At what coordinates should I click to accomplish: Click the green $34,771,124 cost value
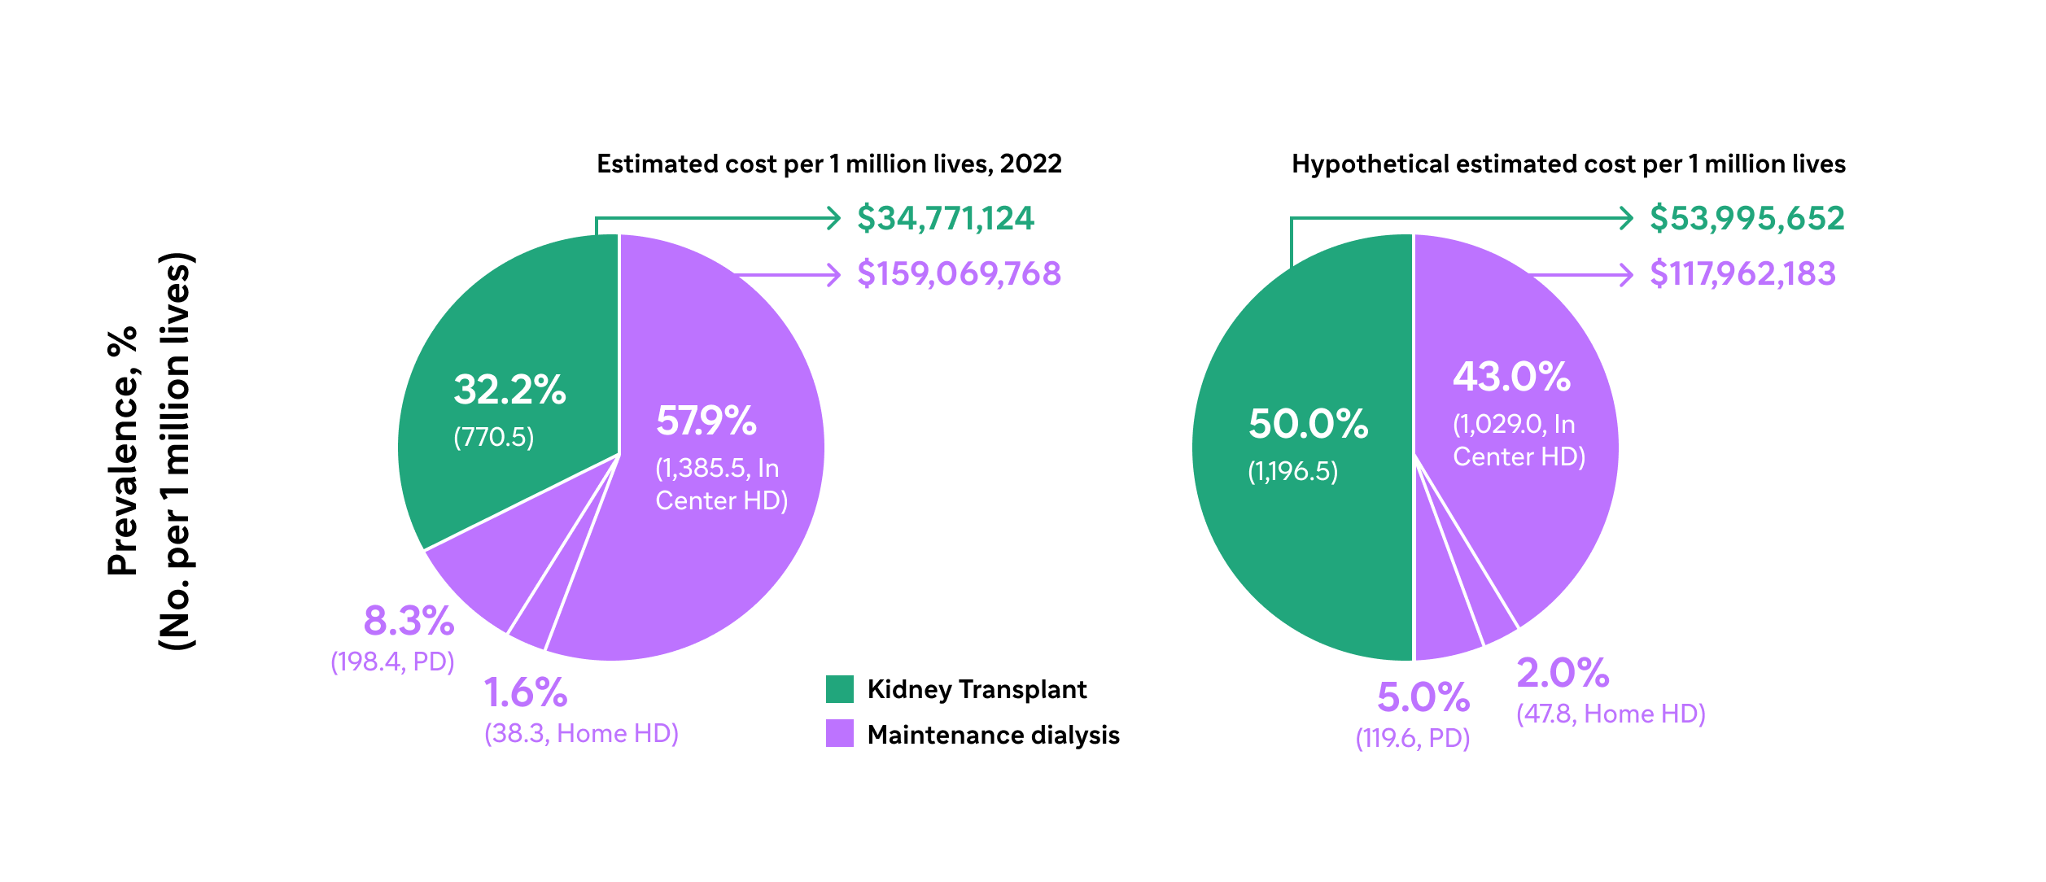pos(945,219)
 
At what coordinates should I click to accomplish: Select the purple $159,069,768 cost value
pos(959,274)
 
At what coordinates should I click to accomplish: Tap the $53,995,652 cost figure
pos(1747,219)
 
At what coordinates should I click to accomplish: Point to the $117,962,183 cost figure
pos(1742,274)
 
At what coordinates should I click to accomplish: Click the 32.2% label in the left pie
pos(509,390)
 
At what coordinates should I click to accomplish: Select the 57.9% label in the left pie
pos(706,421)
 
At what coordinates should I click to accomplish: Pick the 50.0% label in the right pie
pos(1308,424)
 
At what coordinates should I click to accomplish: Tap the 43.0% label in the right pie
pos(1511,377)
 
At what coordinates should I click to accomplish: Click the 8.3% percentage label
pos(409,622)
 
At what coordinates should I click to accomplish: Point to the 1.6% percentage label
pos(525,693)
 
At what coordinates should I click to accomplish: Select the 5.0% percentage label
pos(1423,697)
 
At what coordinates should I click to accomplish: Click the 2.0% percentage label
pos(1563,673)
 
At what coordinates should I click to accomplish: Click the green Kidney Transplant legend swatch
pos(839,689)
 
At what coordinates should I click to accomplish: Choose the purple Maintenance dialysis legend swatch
pos(839,733)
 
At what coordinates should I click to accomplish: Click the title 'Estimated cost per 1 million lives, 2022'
pos(828,164)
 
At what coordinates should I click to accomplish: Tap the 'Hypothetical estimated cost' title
pos(1567,164)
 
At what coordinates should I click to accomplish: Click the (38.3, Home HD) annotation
pos(581,734)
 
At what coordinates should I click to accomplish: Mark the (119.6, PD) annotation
pos(1412,739)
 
